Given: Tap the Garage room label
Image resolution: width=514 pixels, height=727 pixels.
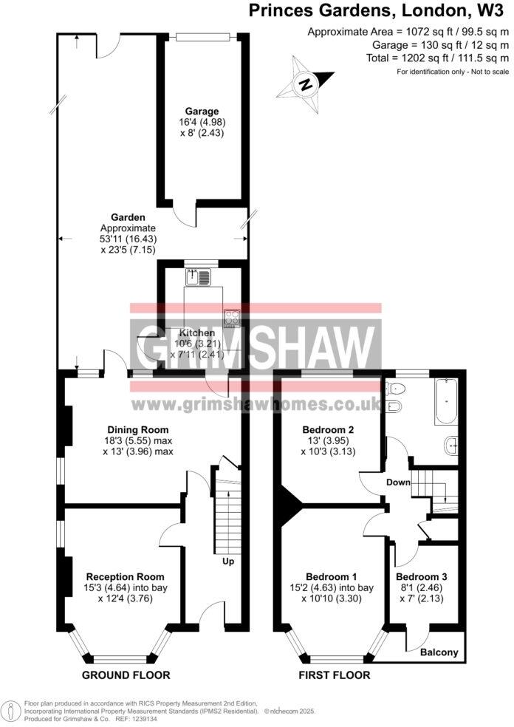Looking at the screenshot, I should tap(192, 112).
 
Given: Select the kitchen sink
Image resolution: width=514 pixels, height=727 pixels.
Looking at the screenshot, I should tap(199, 277).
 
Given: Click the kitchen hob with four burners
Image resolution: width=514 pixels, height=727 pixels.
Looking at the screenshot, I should tap(233, 318).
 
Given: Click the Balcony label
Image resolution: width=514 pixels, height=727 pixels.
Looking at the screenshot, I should tap(439, 652).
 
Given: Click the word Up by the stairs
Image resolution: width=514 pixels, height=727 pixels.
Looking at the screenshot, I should tap(228, 562).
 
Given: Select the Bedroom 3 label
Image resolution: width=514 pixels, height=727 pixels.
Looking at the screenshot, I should tap(421, 577).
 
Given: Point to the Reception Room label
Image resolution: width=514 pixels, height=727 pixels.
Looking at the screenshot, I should tap(125, 576).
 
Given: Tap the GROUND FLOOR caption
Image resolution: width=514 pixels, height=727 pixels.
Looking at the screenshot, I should tap(126, 675).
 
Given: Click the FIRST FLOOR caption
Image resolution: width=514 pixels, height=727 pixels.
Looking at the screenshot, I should tap(334, 675).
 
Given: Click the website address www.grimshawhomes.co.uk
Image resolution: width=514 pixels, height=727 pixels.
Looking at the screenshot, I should tap(256, 405).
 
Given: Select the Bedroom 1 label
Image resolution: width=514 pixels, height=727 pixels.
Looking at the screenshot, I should tap(332, 577).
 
